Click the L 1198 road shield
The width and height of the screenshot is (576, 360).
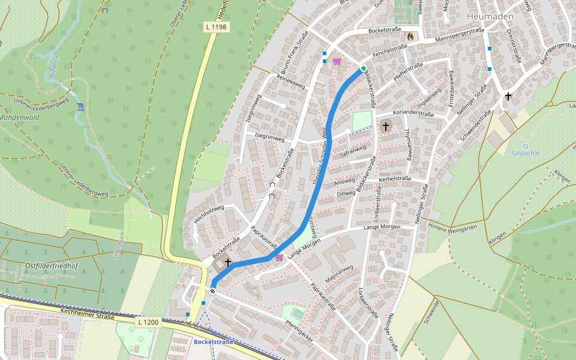215,27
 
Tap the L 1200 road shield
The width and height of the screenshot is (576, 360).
148,322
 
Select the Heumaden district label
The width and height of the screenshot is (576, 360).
489,16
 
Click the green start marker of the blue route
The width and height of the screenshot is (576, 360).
364,68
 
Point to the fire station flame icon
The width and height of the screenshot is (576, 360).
410,37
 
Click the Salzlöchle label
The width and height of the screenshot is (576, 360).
525,153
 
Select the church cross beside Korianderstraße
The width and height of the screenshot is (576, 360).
385,127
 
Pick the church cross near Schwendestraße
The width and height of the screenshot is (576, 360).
508,96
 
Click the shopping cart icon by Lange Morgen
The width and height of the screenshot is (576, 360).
279,257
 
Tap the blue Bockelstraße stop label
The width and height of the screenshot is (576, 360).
213,342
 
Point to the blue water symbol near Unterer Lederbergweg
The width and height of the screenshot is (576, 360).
80,107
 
